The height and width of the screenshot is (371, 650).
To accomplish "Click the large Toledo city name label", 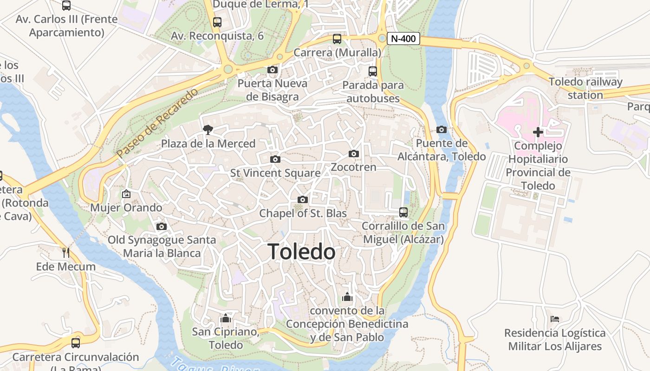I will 302,252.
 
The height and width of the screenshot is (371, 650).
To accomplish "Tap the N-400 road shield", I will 403,38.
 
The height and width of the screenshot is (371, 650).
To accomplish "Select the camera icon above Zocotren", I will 354,154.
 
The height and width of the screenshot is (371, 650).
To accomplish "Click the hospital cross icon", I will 538,132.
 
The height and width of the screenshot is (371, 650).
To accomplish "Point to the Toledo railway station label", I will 585,88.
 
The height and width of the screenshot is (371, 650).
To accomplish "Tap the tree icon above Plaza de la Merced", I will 208,130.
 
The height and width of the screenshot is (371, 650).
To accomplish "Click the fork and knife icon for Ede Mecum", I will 66,252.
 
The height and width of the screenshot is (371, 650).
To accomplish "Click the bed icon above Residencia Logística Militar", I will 555,319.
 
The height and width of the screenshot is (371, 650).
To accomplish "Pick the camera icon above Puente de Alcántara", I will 442,129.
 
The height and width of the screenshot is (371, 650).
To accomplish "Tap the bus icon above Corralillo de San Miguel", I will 403,212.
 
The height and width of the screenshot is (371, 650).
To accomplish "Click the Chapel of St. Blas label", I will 303,213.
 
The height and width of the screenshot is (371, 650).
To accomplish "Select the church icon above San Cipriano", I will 226,318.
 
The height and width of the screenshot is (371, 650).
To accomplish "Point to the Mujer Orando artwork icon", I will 126,193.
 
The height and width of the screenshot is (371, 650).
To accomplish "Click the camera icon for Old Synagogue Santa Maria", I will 162,226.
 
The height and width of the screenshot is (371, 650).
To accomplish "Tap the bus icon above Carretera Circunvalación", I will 76,343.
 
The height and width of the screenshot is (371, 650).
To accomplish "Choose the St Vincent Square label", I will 275,173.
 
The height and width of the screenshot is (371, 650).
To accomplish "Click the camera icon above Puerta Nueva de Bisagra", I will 273,70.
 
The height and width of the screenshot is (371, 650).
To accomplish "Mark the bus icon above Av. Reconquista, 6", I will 217,22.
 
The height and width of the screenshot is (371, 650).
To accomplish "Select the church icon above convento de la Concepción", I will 347,297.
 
